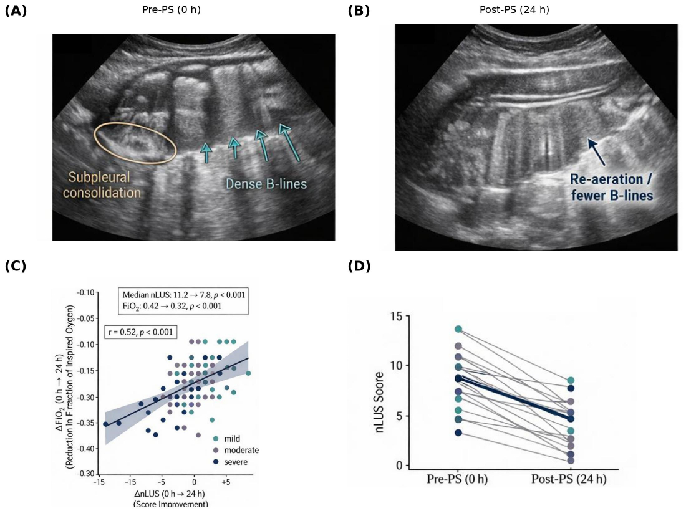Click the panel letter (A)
16,11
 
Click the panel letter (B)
359,11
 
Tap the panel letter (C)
16,265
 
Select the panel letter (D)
359,265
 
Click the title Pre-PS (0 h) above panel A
171,9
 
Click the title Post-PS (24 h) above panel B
514,9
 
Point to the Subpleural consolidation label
102,185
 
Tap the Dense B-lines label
266,184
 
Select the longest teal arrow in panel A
289,143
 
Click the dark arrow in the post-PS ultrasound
596,152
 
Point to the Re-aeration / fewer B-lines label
612,187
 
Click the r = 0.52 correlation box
141,332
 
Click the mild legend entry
226,439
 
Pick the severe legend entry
230,462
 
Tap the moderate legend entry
236,450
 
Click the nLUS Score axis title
379,402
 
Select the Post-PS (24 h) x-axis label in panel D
569,479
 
